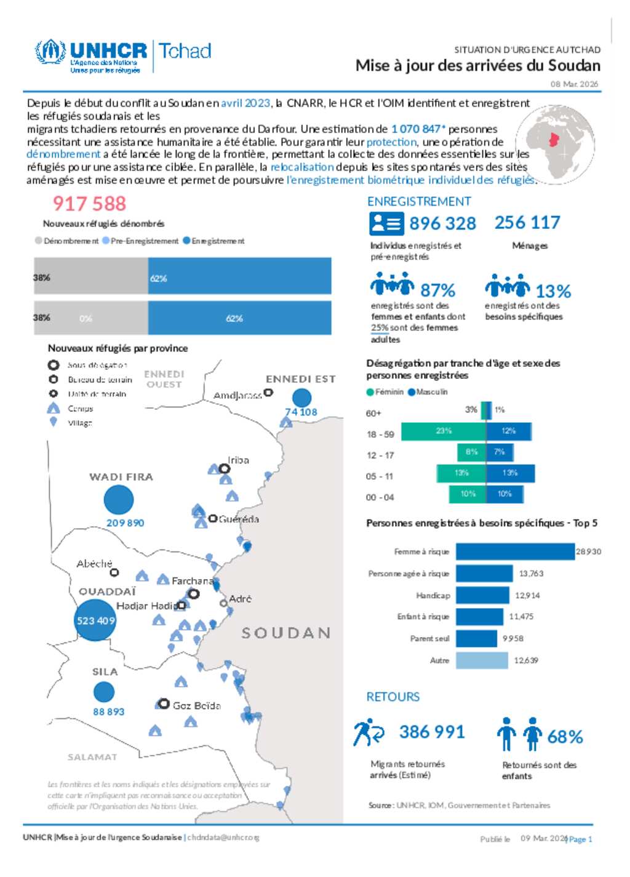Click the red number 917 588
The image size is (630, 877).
coord(89,204)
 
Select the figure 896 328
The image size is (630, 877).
coord(442,223)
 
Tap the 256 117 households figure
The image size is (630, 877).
coord(527,222)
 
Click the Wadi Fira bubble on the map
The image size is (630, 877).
coord(119,499)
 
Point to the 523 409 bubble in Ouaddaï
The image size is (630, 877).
coord(95,620)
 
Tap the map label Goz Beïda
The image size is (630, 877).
coord(196,705)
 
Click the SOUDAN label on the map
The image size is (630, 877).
coord(286,633)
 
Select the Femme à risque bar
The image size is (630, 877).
coord(515,551)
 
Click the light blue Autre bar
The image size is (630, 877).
coord(482,660)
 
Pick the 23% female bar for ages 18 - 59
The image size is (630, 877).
coord(444,431)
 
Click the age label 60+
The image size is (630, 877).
coord(373,413)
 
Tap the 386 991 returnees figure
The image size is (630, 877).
coord(432,732)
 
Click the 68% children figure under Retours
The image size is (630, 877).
coord(564,737)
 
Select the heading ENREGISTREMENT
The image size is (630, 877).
coord(419,201)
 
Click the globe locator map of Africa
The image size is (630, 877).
coord(555,142)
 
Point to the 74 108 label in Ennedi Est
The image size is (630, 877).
coord(301,412)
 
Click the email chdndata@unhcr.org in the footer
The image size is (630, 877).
coord(223,838)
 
